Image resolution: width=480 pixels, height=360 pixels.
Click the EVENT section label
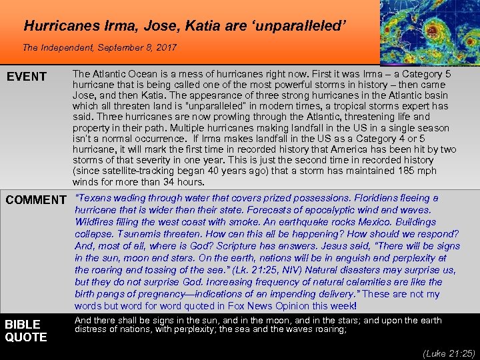pyautogui.click(x=26, y=77)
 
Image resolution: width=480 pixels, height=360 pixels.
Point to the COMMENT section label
pyautogui.click(x=35, y=199)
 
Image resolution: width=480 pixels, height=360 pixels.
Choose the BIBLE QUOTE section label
pyautogui.click(x=26, y=330)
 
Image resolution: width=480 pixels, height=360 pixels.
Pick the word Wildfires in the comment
pyautogui.click(x=96, y=222)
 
